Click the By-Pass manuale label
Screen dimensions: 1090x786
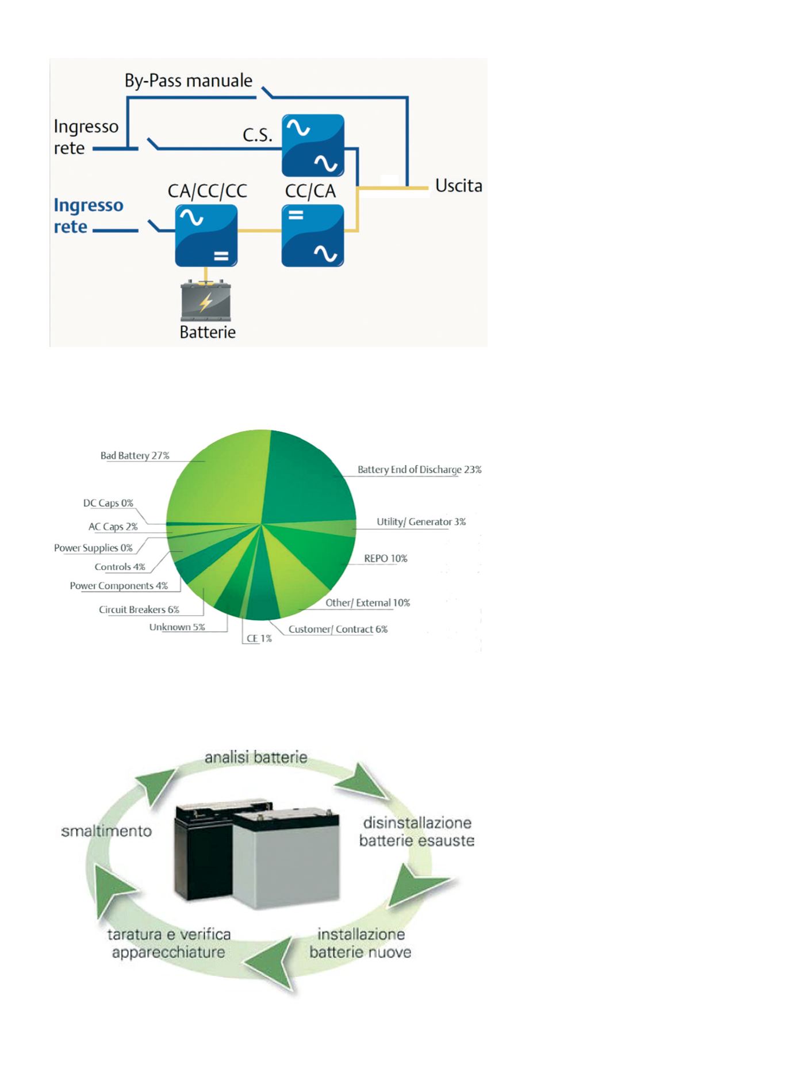click(189, 81)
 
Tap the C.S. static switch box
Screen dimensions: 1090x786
click(313, 145)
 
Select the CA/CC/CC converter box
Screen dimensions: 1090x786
click(206, 235)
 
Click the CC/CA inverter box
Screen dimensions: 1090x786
click(313, 235)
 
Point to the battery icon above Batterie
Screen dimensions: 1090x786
click(206, 300)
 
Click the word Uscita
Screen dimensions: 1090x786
click(458, 186)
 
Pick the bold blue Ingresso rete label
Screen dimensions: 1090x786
click(88, 216)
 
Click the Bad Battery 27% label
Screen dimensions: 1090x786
click(135, 456)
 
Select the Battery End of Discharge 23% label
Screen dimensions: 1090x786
click(419, 470)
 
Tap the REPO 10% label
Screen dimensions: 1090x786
click(385, 559)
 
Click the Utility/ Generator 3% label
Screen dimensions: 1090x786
click(421, 522)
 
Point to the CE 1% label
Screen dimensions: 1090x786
click(259, 639)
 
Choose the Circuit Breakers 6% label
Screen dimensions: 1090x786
click(139, 610)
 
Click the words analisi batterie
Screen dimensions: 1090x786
click(256, 757)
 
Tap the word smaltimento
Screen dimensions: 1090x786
click(106, 832)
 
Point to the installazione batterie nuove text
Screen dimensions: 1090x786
click(361, 943)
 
